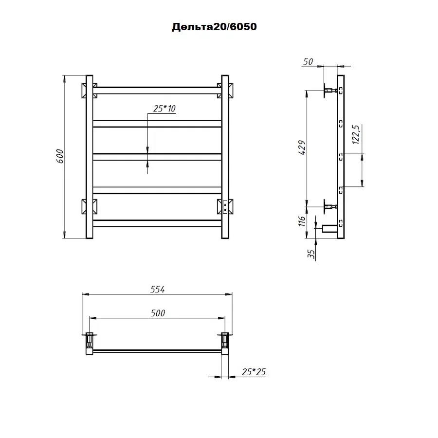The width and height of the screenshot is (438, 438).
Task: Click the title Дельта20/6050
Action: [x=214, y=27]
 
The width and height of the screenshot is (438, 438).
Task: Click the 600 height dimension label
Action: [x=60, y=156]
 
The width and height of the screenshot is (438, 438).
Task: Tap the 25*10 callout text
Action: [x=164, y=109]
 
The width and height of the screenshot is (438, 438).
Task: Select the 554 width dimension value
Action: [x=158, y=290]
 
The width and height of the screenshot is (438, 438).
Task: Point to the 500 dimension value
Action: [x=158, y=313]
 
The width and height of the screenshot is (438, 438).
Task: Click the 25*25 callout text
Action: [x=254, y=372]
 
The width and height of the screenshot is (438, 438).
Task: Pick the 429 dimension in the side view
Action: [x=302, y=147]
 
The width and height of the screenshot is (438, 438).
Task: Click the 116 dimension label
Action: [x=302, y=221]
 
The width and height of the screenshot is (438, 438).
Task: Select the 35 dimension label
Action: [x=310, y=254]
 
